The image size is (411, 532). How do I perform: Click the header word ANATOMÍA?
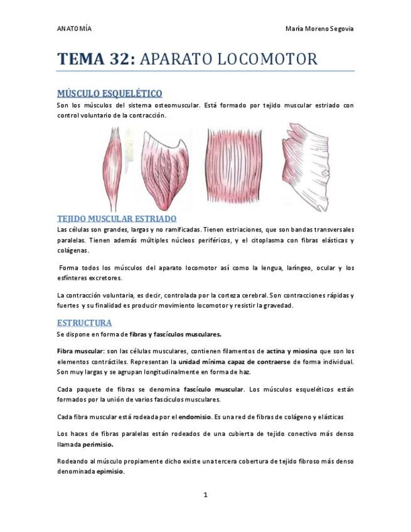click(74, 29)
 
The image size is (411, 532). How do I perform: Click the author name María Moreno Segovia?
click(319, 29)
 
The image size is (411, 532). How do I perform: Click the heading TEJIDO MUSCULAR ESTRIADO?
click(117, 218)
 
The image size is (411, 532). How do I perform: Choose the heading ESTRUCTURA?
click(84, 322)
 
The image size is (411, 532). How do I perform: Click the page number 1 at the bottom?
click(205, 495)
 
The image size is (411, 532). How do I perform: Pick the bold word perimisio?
click(99, 444)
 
